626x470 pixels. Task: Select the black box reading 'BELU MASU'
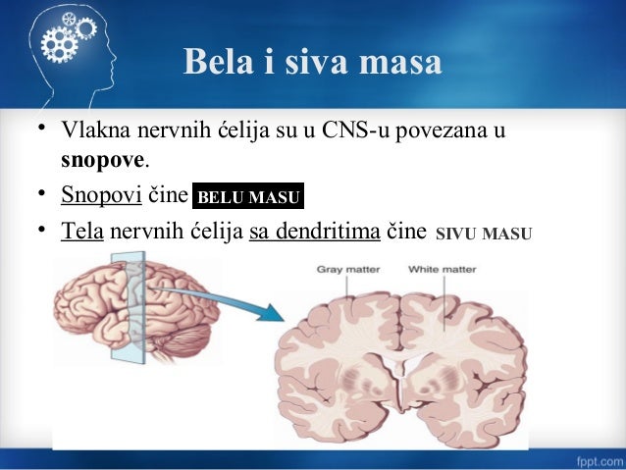tap(248, 197)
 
